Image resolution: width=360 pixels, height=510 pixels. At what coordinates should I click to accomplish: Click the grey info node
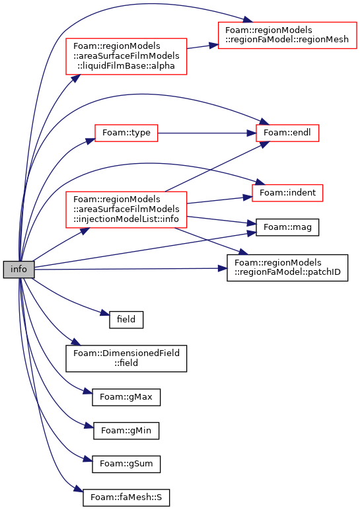(x=18, y=270)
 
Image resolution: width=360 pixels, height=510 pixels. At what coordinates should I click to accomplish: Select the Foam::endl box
(x=287, y=133)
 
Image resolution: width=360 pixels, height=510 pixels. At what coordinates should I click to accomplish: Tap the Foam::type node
(x=126, y=133)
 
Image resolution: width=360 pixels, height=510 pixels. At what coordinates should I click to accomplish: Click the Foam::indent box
(x=287, y=193)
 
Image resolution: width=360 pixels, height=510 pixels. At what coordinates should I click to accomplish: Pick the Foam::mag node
(x=287, y=227)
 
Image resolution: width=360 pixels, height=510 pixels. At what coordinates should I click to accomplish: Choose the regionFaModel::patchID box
(x=287, y=268)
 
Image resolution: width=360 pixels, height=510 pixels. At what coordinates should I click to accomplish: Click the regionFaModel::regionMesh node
(x=287, y=36)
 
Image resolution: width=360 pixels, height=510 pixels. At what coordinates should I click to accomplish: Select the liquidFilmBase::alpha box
(x=126, y=56)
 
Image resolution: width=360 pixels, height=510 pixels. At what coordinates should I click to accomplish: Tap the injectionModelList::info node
(x=126, y=209)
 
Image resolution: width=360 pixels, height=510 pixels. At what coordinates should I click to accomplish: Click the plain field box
(x=126, y=319)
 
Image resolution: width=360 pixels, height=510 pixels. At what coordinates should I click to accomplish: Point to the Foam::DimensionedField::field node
(x=126, y=359)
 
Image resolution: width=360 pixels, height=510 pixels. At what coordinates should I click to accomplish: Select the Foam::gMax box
(x=126, y=397)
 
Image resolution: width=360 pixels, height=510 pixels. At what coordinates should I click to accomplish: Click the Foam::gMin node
(x=126, y=431)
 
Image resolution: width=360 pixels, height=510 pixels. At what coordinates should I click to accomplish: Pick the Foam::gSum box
(x=126, y=464)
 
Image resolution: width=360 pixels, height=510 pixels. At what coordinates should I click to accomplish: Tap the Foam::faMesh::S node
(x=126, y=497)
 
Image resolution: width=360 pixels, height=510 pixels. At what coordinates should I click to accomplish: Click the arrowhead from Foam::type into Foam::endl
(x=252, y=133)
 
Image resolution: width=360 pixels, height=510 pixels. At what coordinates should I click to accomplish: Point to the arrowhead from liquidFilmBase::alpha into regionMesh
(x=213, y=45)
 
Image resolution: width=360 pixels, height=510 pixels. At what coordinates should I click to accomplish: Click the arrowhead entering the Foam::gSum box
(x=88, y=459)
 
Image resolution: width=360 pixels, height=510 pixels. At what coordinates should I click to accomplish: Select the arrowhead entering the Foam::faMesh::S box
(x=79, y=489)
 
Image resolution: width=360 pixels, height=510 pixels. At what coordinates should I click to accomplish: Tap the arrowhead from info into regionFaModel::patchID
(x=222, y=268)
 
